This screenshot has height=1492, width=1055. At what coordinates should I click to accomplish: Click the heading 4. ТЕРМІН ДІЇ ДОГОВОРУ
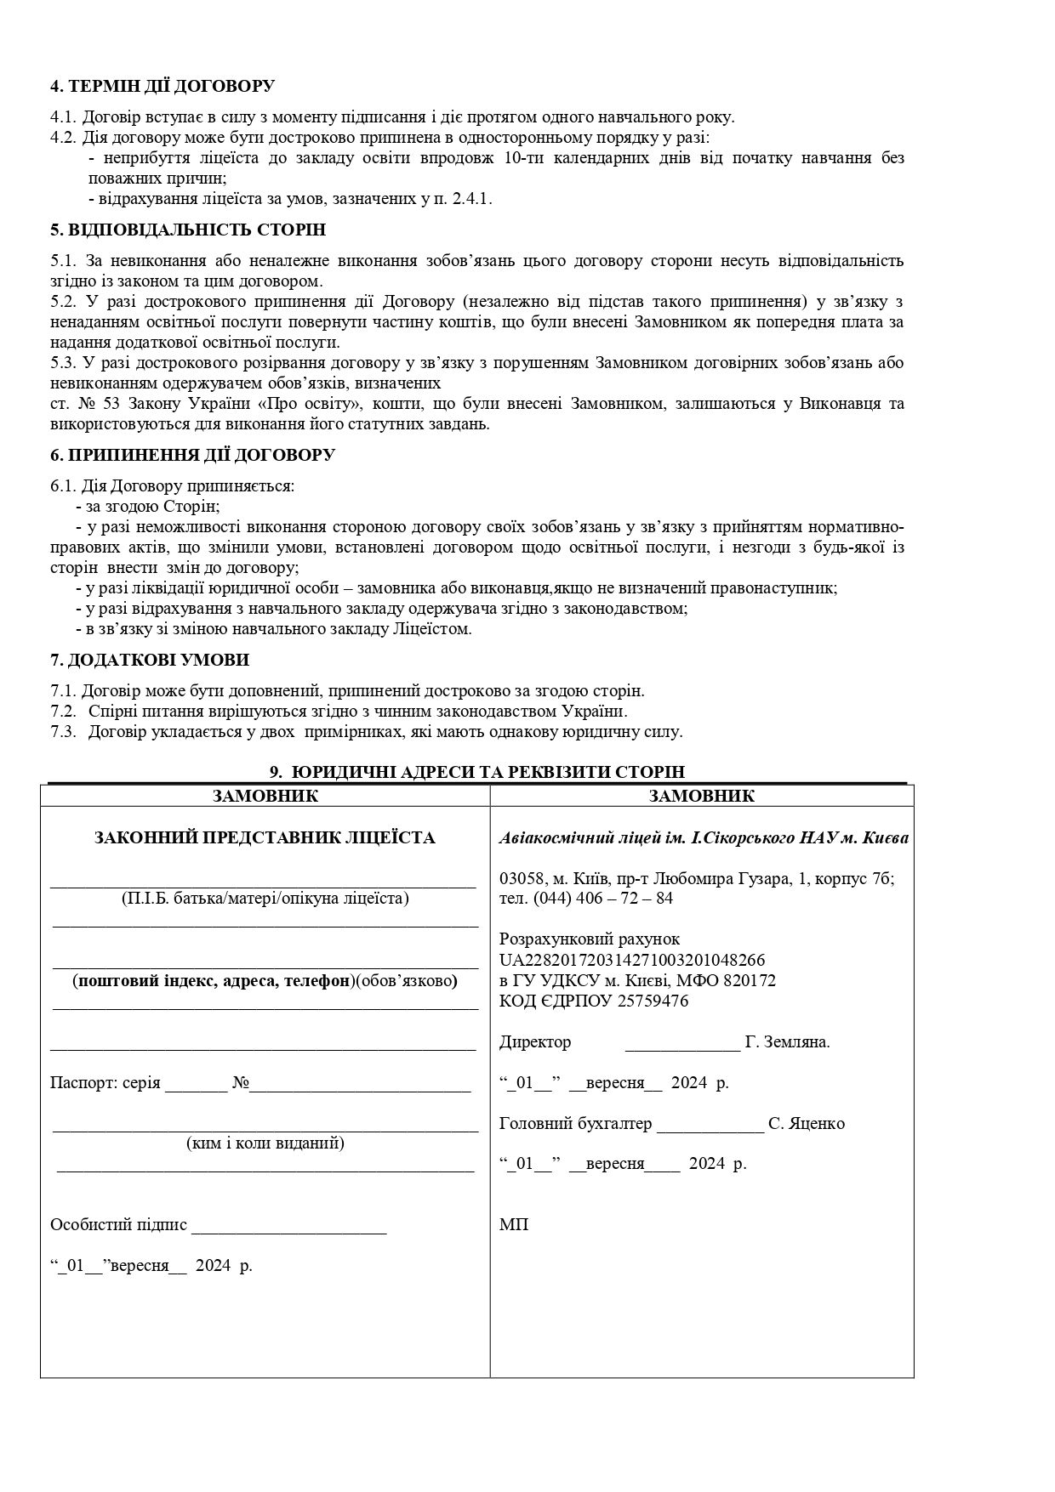(163, 86)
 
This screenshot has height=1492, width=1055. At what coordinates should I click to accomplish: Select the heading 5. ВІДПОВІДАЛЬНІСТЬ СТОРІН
(188, 230)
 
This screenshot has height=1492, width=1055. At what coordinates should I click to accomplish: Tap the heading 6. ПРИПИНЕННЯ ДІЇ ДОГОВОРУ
(192, 455)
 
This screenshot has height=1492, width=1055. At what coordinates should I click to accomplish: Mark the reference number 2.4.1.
(470, 199)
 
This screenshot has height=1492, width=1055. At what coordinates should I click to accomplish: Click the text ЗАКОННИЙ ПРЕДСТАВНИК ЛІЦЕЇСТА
(265, 838)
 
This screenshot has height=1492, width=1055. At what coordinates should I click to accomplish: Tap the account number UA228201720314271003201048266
(632, 960)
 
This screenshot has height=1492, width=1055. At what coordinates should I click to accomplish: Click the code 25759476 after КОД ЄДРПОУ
(657, 1001)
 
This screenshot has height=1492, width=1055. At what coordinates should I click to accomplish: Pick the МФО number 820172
(747, 980)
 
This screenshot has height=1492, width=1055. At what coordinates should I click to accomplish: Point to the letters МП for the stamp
(514, 1225)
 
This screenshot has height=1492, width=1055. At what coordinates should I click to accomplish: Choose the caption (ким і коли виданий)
(265, 1143)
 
